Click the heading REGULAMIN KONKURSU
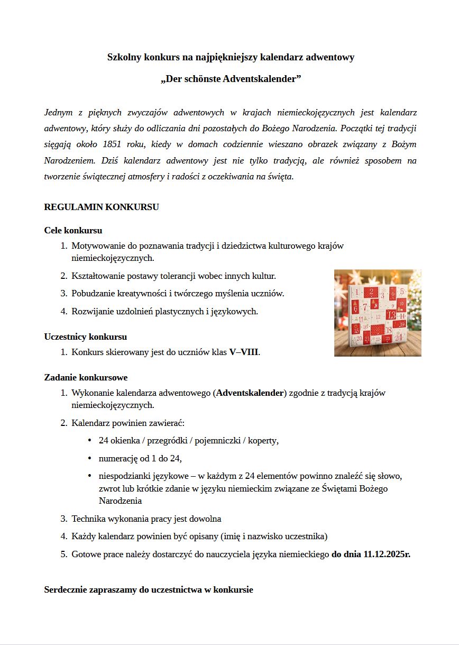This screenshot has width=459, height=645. pyautogui.click(x=102, y=207)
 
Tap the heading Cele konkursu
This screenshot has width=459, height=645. pyautogui.click(x=73, y=230)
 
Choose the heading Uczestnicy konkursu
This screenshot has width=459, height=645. pyautogui.click(x=85, y=337)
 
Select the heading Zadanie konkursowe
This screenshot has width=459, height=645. pyautogui.click(x=86, y=377)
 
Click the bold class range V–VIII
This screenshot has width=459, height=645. pyautogui.click(x=243, y=352)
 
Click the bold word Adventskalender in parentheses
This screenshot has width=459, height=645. pyautogui.click(x=250, y=393)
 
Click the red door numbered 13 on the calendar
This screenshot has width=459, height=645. pyautogui.click(x=391, y=315)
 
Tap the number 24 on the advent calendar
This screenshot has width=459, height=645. pyautogui.click(x=398, y=337)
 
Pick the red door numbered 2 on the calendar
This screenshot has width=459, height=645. pyautogui.click(x=372, y=292)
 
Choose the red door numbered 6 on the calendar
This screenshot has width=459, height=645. pyautogui.click(x=356, y=307)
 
